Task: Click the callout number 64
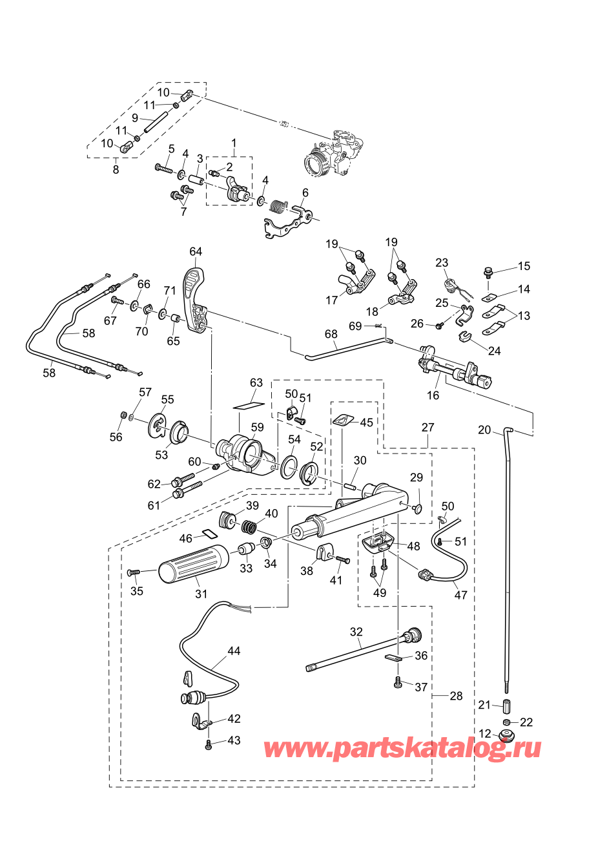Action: coord(196,251)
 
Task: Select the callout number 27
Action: coord(428,427)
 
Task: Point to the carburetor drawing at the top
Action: coord(336,154)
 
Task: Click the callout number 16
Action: coord(433,395)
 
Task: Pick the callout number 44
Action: coord(234,651)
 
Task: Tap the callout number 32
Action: coord(356,632)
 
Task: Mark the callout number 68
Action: coord(331,334)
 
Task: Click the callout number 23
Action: coord(442,262)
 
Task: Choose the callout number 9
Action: coord(135,118)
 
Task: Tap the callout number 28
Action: coord(456,696)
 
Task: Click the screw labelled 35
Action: coord(134,572)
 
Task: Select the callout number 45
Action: coord(366,422)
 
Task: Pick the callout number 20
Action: coord(484,430)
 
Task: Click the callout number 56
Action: coord(116,437)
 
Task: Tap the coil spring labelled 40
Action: coord(249,527)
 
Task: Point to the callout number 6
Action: coord(305,193)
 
